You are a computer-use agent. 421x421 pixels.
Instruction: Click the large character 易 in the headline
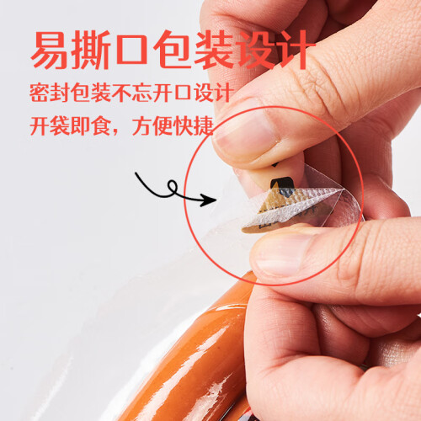[x=51, y=50]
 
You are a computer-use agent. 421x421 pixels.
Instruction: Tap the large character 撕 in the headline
[x=90, y=50]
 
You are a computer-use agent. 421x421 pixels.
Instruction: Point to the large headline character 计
[x=295, y=50]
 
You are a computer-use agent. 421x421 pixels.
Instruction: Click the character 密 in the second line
[x=40, y=93]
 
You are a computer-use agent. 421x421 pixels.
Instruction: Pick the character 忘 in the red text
[x=142, y=93]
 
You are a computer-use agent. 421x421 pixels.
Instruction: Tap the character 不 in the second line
[x=121, y=93]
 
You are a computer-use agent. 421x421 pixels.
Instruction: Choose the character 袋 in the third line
[x=60, y=125]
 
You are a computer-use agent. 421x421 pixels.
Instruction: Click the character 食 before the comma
[x=101, y=125]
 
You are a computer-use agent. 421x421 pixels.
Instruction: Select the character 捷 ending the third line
[x=204, y=125]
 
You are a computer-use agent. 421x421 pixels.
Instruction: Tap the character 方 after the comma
[x=142, y=125]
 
